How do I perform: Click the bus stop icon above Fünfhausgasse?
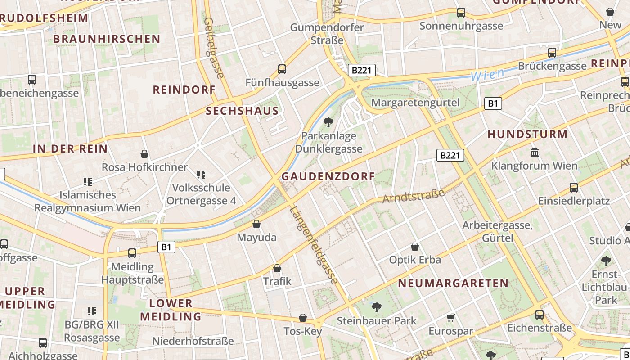282,69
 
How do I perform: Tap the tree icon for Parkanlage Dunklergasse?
328,122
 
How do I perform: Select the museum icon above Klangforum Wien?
535,152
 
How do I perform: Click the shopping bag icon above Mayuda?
256,224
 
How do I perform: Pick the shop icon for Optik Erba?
415,247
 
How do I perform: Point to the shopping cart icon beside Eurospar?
451,318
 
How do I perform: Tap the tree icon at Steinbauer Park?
376,307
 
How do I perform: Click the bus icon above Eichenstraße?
540,315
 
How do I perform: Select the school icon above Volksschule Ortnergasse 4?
201,174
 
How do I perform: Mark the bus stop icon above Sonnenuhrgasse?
461,13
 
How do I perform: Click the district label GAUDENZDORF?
328,176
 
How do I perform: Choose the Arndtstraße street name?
413,196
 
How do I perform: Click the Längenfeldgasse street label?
314,245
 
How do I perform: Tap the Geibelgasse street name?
214,47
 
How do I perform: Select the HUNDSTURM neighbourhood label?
527,134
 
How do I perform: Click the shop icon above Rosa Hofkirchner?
144,154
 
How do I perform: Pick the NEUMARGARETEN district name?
453,283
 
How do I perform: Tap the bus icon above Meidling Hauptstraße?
132,253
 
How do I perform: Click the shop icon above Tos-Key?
303,318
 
